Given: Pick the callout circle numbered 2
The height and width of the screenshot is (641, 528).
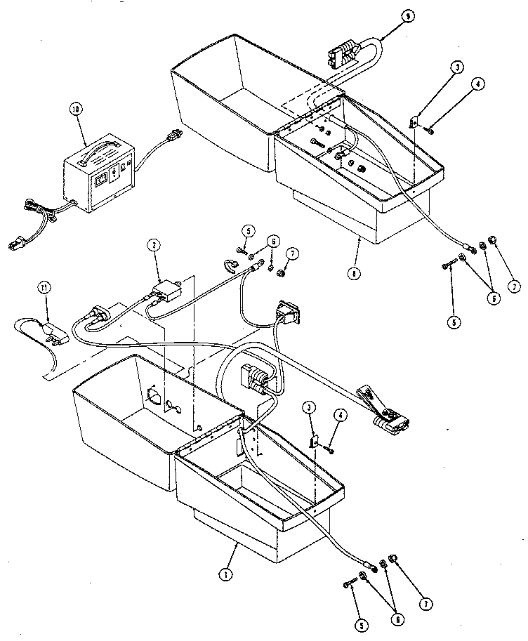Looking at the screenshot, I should tap(152, 245).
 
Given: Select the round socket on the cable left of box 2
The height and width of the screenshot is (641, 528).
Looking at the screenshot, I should tap(98, 315).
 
